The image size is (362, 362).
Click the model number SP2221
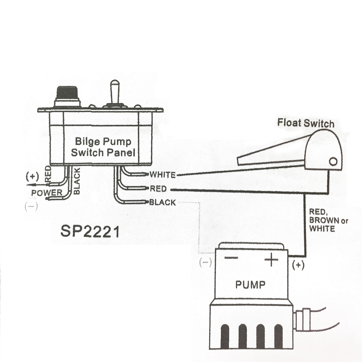tap(90, 232)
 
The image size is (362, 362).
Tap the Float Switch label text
tap(306, 123)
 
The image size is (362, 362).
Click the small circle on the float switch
tap(333, 162)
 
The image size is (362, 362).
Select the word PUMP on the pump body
tap(250, 284)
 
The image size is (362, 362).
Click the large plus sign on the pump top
tap(271, 259)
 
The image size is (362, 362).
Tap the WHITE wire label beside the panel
tap(162, 175)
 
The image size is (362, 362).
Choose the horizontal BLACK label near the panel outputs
tap(162, 202)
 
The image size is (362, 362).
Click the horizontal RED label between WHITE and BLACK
tap(158, 189)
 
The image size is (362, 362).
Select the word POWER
tap(47, 193)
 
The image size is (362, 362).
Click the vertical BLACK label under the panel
tap(77, 181)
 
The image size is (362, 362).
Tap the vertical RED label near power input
tap(48, 174)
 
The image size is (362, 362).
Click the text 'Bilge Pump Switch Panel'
tap(103, 147)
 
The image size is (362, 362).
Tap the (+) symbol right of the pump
tap(298, 265)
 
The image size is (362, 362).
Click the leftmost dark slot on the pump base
tap(225, 335)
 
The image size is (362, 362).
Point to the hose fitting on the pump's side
tap(303, 319)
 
